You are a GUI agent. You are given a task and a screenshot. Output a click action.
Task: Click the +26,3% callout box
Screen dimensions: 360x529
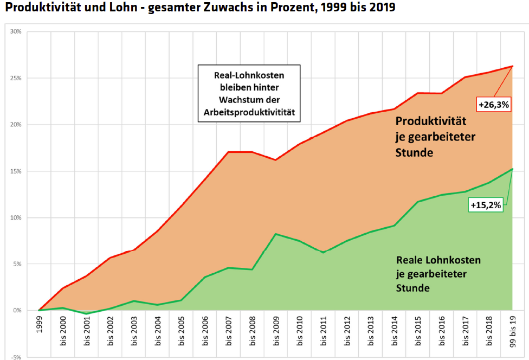pyautogui.click(x=493, y=105)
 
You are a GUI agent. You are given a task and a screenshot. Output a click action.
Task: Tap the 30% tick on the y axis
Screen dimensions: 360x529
pyautogui.click(x=16, y=31)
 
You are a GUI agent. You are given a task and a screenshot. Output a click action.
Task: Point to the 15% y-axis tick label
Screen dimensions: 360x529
pyautogui.click(x=16, y=171)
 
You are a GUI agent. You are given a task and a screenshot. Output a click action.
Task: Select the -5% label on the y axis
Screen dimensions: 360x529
pyautogui.click(x=16, y=357)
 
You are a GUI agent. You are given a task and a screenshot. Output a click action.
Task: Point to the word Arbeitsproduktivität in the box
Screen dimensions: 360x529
pyautogui.click(x=248, y=112)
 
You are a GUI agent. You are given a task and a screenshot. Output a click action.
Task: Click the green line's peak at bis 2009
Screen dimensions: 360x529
pyautogui.click(x=276, y=234)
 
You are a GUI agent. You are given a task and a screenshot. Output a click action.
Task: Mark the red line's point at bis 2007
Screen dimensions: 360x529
pyautogui.click(x=229, y=152)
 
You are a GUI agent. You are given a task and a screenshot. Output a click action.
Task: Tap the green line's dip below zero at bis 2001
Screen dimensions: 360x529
pyautogui.click(x=87, y=313)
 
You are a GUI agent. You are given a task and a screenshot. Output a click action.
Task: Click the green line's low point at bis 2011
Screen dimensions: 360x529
pyautogui.click(x=323, y=253)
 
